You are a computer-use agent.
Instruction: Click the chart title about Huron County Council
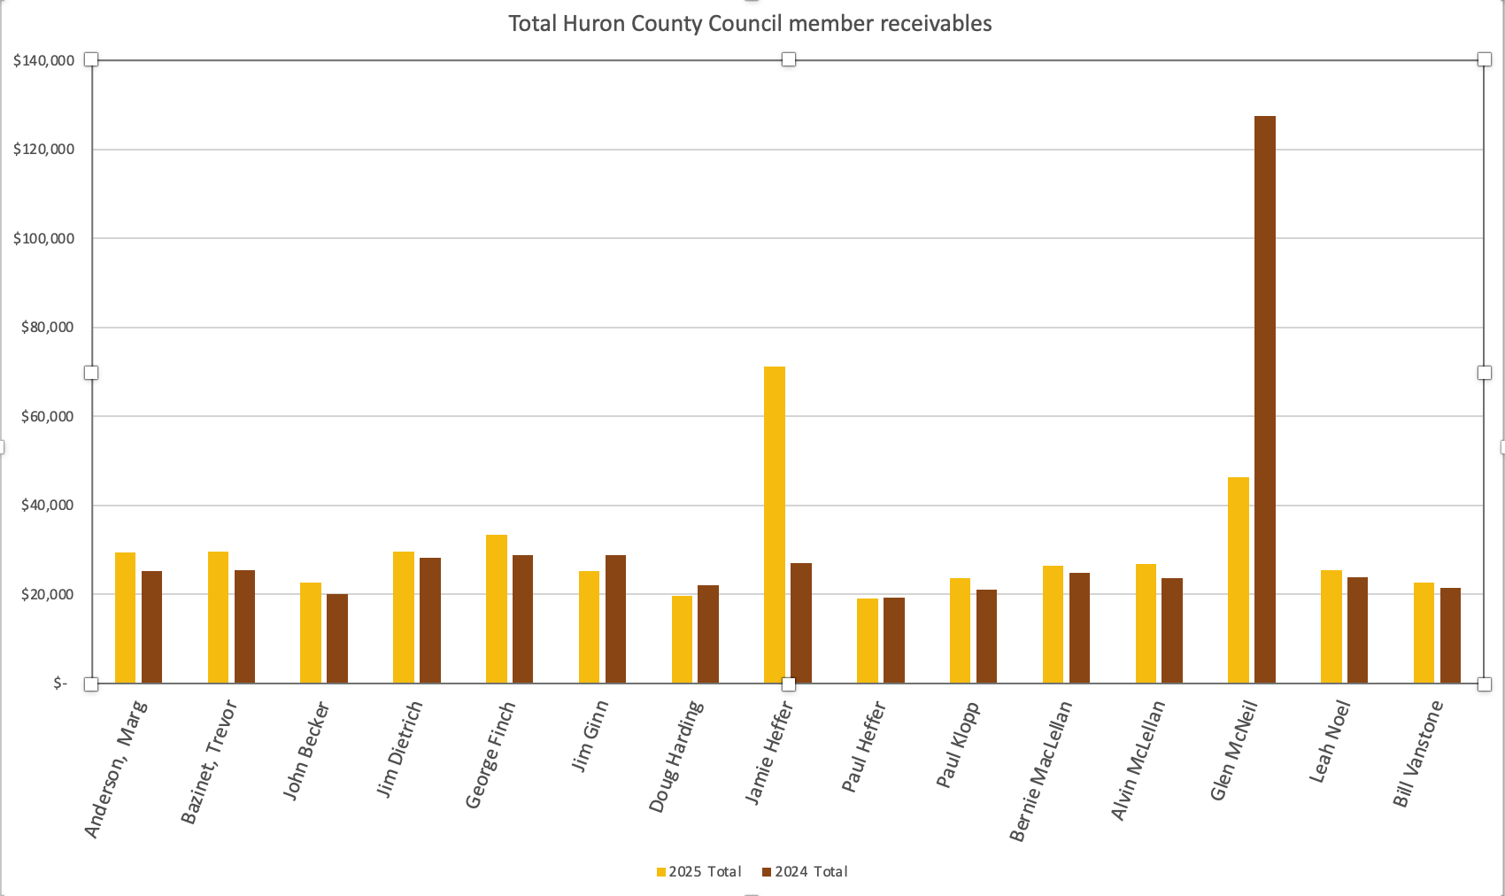click(x=750, y=24)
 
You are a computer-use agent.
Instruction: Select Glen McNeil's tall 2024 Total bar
click(x=1265, y=398)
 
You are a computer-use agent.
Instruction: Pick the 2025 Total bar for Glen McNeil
click(x=1239, y=580)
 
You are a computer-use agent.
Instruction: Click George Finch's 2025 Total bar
click(x=497, y=608)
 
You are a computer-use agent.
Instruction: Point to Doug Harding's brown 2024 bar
click(x=708, y=634)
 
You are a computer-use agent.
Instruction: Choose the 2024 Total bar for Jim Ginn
click(x=615, y=619)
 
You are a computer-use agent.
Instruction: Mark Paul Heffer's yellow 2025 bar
click(x=868, y=640)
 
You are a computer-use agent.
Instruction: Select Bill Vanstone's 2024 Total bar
click(x=1450, y=635)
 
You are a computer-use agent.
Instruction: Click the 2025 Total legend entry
click(x=698, y=872)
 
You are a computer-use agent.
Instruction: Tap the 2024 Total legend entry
click(x=805, y=872)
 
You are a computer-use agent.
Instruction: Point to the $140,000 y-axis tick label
click(x=43, y=60)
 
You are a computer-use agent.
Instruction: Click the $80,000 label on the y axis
click(x=47, y=328)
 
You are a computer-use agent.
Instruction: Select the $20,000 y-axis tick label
click(x=47, y=594)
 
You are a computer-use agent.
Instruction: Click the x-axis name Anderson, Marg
click(x=116, y=768)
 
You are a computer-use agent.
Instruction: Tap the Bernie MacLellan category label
click(x=1041, y=770)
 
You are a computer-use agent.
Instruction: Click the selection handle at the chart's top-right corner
click(x=1485, y=59)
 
